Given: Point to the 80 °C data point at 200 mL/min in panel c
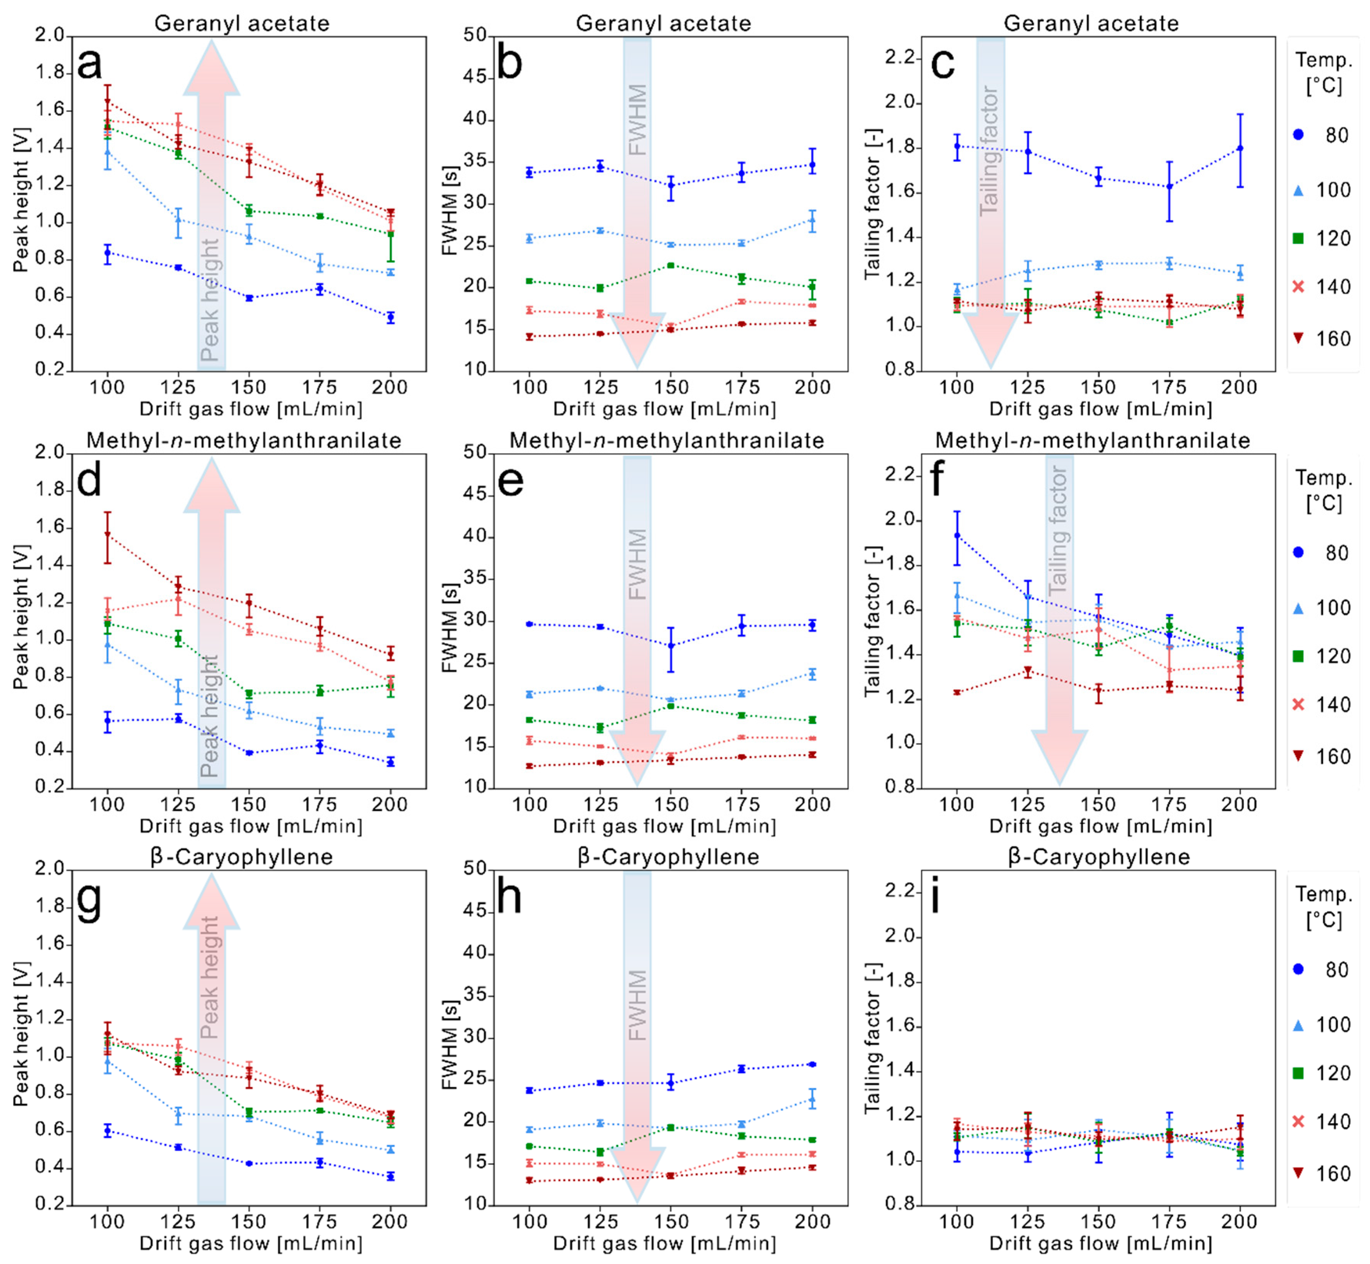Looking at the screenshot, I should coord(1239,148).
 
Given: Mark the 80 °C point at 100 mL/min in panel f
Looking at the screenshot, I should coord(957,535).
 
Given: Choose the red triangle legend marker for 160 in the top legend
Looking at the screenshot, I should coord(1298,338).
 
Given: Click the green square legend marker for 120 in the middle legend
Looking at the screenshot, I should coord(1298,656).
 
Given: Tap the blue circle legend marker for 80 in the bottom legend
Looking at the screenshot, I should coord(1298,969).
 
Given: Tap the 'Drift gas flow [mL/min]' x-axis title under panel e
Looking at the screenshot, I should coord(664,826).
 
